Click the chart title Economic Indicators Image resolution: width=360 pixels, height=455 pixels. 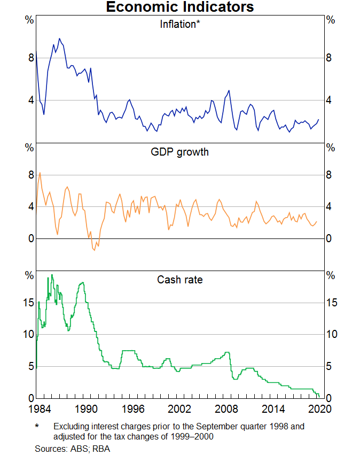(x=179, y=7)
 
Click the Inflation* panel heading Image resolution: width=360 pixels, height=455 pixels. (x=180, y=24)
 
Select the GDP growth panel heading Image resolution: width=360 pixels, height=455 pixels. (x=180, y=152)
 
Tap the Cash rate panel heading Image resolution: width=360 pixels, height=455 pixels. (x=180, y=279)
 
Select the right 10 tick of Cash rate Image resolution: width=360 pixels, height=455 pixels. (x=332, y=335)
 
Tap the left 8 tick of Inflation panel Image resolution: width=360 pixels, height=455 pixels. (x=30, y=58)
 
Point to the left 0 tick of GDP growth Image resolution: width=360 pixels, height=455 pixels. (x=30, y=238)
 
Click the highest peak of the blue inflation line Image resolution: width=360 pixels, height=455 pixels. (x=59, y=38)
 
